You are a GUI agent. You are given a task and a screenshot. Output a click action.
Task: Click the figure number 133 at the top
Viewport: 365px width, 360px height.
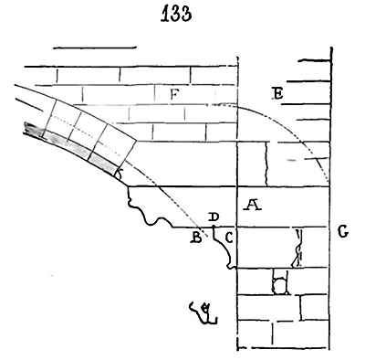point(176,15)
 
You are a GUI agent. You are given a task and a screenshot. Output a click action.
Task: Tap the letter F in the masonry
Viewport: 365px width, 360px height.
point(173,95)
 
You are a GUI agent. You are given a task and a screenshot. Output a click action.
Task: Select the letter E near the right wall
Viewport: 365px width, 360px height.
point(277,93)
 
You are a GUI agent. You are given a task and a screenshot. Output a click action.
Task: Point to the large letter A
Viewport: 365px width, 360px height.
point(253,205)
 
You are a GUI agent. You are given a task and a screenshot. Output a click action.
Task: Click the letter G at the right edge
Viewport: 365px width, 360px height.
point(343,232)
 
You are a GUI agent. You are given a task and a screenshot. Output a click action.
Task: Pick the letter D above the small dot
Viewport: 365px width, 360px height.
point(214,217)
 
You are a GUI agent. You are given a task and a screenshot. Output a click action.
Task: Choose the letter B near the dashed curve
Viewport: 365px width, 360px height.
point(196,238)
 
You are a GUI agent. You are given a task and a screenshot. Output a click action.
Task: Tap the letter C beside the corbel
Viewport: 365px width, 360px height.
point(229,238)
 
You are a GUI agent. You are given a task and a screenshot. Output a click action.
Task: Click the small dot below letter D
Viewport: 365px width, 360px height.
point(214,227)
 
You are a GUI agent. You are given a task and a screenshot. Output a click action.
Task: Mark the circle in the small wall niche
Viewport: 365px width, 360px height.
point(279,286)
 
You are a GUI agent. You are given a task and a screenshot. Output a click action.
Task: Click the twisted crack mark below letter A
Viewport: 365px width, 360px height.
point(297,249)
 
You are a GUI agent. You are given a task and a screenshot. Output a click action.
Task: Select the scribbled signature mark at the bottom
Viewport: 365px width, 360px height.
point(203,312)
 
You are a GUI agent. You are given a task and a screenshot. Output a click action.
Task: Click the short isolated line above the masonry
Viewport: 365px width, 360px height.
point(95,48)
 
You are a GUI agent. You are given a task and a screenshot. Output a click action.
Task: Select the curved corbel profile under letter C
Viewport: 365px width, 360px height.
point(225,249)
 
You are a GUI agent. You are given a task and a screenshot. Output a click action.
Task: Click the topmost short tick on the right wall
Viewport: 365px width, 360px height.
point(314,60)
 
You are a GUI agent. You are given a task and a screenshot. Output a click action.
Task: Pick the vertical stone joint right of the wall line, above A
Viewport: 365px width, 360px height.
point(266,164)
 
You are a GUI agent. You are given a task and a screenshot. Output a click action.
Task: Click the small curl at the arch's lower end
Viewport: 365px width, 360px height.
point(119,174)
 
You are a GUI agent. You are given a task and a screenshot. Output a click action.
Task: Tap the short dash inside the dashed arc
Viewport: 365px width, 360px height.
point(292,160)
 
